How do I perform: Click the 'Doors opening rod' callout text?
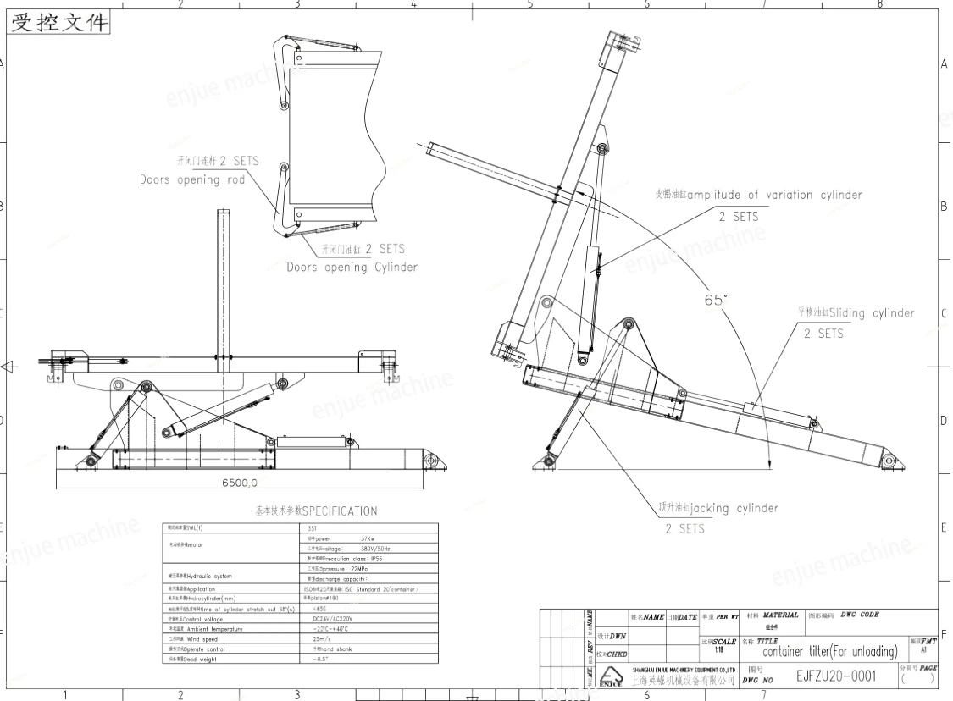tap(192, 179)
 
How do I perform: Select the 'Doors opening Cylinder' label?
tap(352, 267)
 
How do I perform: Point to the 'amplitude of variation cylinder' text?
tap(774, 195)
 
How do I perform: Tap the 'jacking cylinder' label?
tap(734, 508)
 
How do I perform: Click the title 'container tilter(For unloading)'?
tap(830, 651)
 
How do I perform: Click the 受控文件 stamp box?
tap(59, 23)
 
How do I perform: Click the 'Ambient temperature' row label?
tap(202, 629)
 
